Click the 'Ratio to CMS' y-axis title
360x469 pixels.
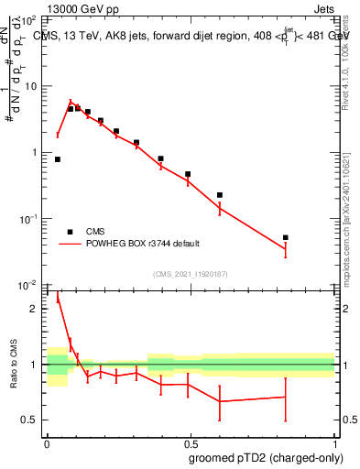(x=12, y=365)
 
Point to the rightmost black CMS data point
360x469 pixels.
(x=286, y=237)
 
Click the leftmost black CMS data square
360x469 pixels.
(x=58, y=159)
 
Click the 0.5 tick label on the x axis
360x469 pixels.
(x=191, y=442)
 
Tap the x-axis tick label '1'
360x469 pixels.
(x=334, y=442)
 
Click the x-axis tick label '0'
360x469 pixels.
(x=47, y=442)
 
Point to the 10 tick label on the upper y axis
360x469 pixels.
(x=30, y=86)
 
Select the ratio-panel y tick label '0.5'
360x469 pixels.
(x=29, y=420)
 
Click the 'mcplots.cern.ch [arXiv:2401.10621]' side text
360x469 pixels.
(x=347, y=215)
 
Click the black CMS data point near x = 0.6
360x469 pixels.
(x=220, y=195)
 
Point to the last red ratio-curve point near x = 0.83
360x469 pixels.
(x=286, y=397)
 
